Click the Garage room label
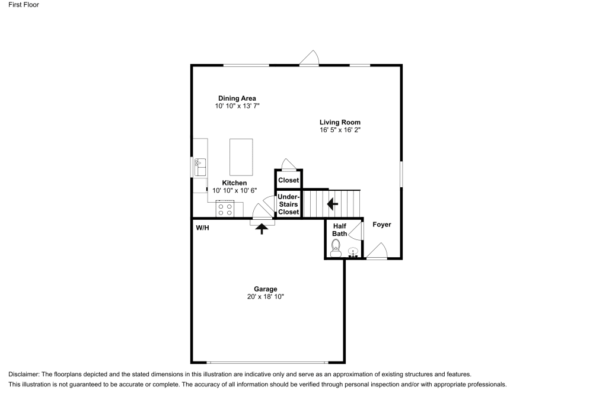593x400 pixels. click(265, 289)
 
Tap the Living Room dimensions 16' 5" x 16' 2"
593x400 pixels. click(340, 130)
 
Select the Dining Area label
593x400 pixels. click(237, 98)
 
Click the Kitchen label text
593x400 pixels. click(234, 183)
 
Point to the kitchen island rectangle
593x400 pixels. click(241, 157)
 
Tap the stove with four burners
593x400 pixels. click(226, 209)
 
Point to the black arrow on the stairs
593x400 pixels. click(332, 204)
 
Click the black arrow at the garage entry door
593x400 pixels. click(261, 228)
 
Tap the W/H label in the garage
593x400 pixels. click(202, 228)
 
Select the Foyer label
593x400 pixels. click(382, 225)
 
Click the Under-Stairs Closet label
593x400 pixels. click(289, 204)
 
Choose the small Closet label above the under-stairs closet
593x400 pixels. click(289, 180)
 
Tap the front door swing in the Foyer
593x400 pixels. click(377, 251)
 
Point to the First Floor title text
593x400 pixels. click(24, 5)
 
